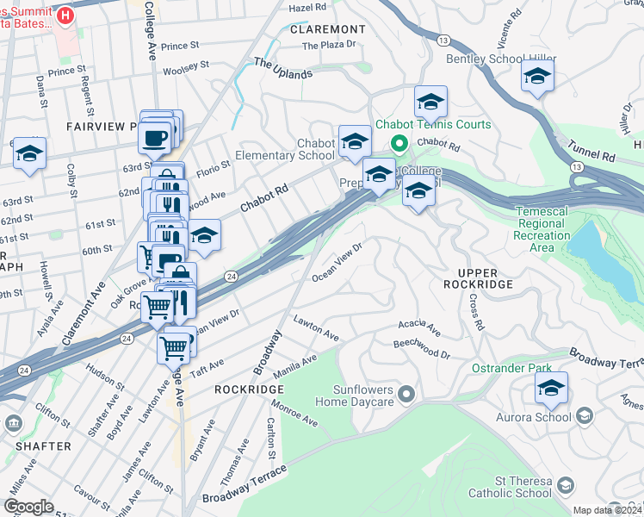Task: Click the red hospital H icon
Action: click(64, 15)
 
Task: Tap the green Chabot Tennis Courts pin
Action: click(399, 143)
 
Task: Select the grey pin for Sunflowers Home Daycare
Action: click(407, 394)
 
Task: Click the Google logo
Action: click(28, 507)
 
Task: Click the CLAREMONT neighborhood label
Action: click(328, 29)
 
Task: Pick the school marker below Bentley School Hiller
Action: click(537, 80)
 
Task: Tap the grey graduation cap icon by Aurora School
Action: click(585, 417)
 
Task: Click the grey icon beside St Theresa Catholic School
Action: click(564, 487)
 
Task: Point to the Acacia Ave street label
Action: click(418, 327)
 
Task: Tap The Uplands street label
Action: click(282, 69)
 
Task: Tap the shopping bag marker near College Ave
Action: click(181, 274)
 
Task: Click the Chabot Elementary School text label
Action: click(316, 149)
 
